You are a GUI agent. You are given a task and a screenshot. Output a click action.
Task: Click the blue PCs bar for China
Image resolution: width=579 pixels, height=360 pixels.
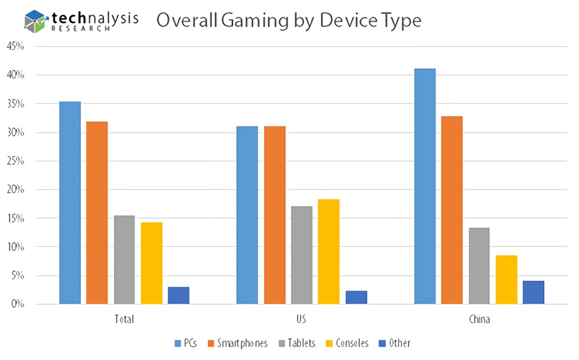[x=424, y=186]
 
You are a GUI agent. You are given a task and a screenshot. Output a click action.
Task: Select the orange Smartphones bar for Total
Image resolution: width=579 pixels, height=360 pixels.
[x=97, y=213]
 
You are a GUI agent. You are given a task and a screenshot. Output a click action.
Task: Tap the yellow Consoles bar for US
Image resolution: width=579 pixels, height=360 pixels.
[x=329, y=252]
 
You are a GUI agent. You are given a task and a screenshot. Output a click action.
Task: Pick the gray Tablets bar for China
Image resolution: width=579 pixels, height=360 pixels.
[x=479, y=266]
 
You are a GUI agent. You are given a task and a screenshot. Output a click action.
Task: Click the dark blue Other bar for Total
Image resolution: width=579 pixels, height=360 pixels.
[x=178, y=295]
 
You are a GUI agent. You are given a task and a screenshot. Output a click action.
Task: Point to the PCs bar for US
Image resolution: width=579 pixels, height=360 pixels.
[x=247, y=215]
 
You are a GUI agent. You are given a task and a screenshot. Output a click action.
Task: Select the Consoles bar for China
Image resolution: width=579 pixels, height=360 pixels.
[x=506, y=279]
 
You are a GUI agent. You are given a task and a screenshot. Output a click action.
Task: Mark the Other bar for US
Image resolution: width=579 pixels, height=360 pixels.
[x=356, y=297]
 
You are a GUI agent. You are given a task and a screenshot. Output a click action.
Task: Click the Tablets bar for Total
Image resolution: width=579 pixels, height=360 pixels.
[x=124, y=260]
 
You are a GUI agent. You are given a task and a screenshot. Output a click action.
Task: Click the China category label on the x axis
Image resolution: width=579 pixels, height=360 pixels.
[x=479, y=319]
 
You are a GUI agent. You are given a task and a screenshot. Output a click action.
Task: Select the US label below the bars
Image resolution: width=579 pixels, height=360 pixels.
[x=302, y=319]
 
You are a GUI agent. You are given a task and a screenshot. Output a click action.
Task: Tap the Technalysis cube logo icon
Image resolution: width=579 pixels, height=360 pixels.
[x=36, y=21]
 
